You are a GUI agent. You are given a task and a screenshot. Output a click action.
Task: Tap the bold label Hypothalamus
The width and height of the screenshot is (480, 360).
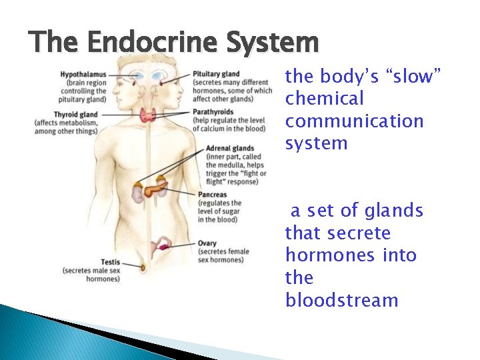pos(83,74)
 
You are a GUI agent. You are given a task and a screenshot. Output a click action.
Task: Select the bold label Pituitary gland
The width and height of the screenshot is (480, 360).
pos(216,74)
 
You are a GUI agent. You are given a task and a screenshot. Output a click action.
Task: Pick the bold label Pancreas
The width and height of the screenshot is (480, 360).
pos(212,195)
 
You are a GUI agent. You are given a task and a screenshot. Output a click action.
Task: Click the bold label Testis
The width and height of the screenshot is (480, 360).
pos(110,262)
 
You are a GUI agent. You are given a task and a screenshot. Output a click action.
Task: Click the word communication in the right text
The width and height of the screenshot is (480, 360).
pos(354,121)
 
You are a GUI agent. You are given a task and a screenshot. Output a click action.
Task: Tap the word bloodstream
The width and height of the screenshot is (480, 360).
pos(341,301)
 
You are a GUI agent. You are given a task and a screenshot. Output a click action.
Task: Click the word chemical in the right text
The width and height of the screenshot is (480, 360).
pos(324,99)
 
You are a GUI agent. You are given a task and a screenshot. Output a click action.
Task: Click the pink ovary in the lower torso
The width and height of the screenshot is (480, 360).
pos(163,247)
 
